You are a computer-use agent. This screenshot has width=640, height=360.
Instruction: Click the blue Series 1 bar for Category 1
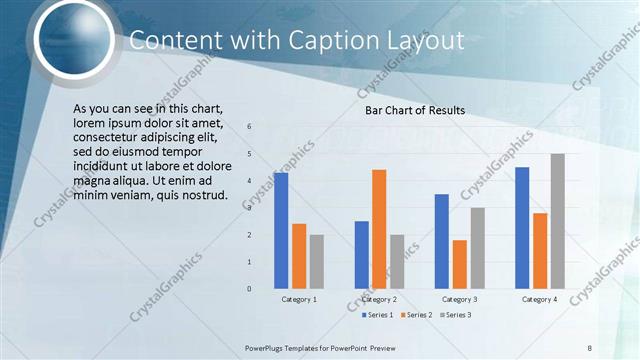click(281, 230)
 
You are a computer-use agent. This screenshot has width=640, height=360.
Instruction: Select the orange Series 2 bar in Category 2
click(379, 229)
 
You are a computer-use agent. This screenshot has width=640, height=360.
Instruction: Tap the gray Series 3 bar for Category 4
click(557, 221)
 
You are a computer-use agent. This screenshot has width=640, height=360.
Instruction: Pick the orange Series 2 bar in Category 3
click(459, 264)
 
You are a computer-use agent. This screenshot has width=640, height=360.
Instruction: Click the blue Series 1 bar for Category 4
click(522, 227)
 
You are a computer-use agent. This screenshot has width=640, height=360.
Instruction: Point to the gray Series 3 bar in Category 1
click(316, 261)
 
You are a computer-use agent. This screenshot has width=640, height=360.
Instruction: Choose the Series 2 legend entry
click(415, 315)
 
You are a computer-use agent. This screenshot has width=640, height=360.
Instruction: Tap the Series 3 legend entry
click(455, 315)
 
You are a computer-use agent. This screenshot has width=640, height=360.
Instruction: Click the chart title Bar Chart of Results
click(414, 110)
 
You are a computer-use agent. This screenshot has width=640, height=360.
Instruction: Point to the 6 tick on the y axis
click(249, 126)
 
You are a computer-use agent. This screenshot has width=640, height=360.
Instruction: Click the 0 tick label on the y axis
click(249, 289)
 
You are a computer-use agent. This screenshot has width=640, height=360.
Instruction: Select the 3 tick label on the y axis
click(249, 208)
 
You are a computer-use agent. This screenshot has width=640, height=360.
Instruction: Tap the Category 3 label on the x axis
click(459, 299)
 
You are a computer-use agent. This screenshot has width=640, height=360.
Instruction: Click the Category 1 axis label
click(298, 299)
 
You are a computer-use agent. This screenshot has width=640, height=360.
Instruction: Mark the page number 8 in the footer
click(590, 347)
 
